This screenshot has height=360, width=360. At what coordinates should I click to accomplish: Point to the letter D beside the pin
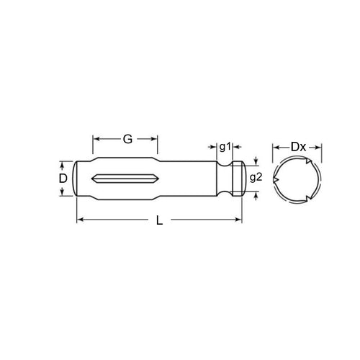click(x=63, y=177)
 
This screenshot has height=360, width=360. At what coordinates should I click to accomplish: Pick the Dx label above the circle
click(x=298, y=148)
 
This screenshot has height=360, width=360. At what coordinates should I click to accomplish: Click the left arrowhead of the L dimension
click(x=79, y=219)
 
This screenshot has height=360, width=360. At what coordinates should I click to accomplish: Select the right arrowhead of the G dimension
click(x=155, y=138)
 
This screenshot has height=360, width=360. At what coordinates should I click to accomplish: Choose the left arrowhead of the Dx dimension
click(x=275, y=148)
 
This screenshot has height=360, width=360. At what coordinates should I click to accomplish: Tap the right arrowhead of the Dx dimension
click(x=322, y=148)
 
